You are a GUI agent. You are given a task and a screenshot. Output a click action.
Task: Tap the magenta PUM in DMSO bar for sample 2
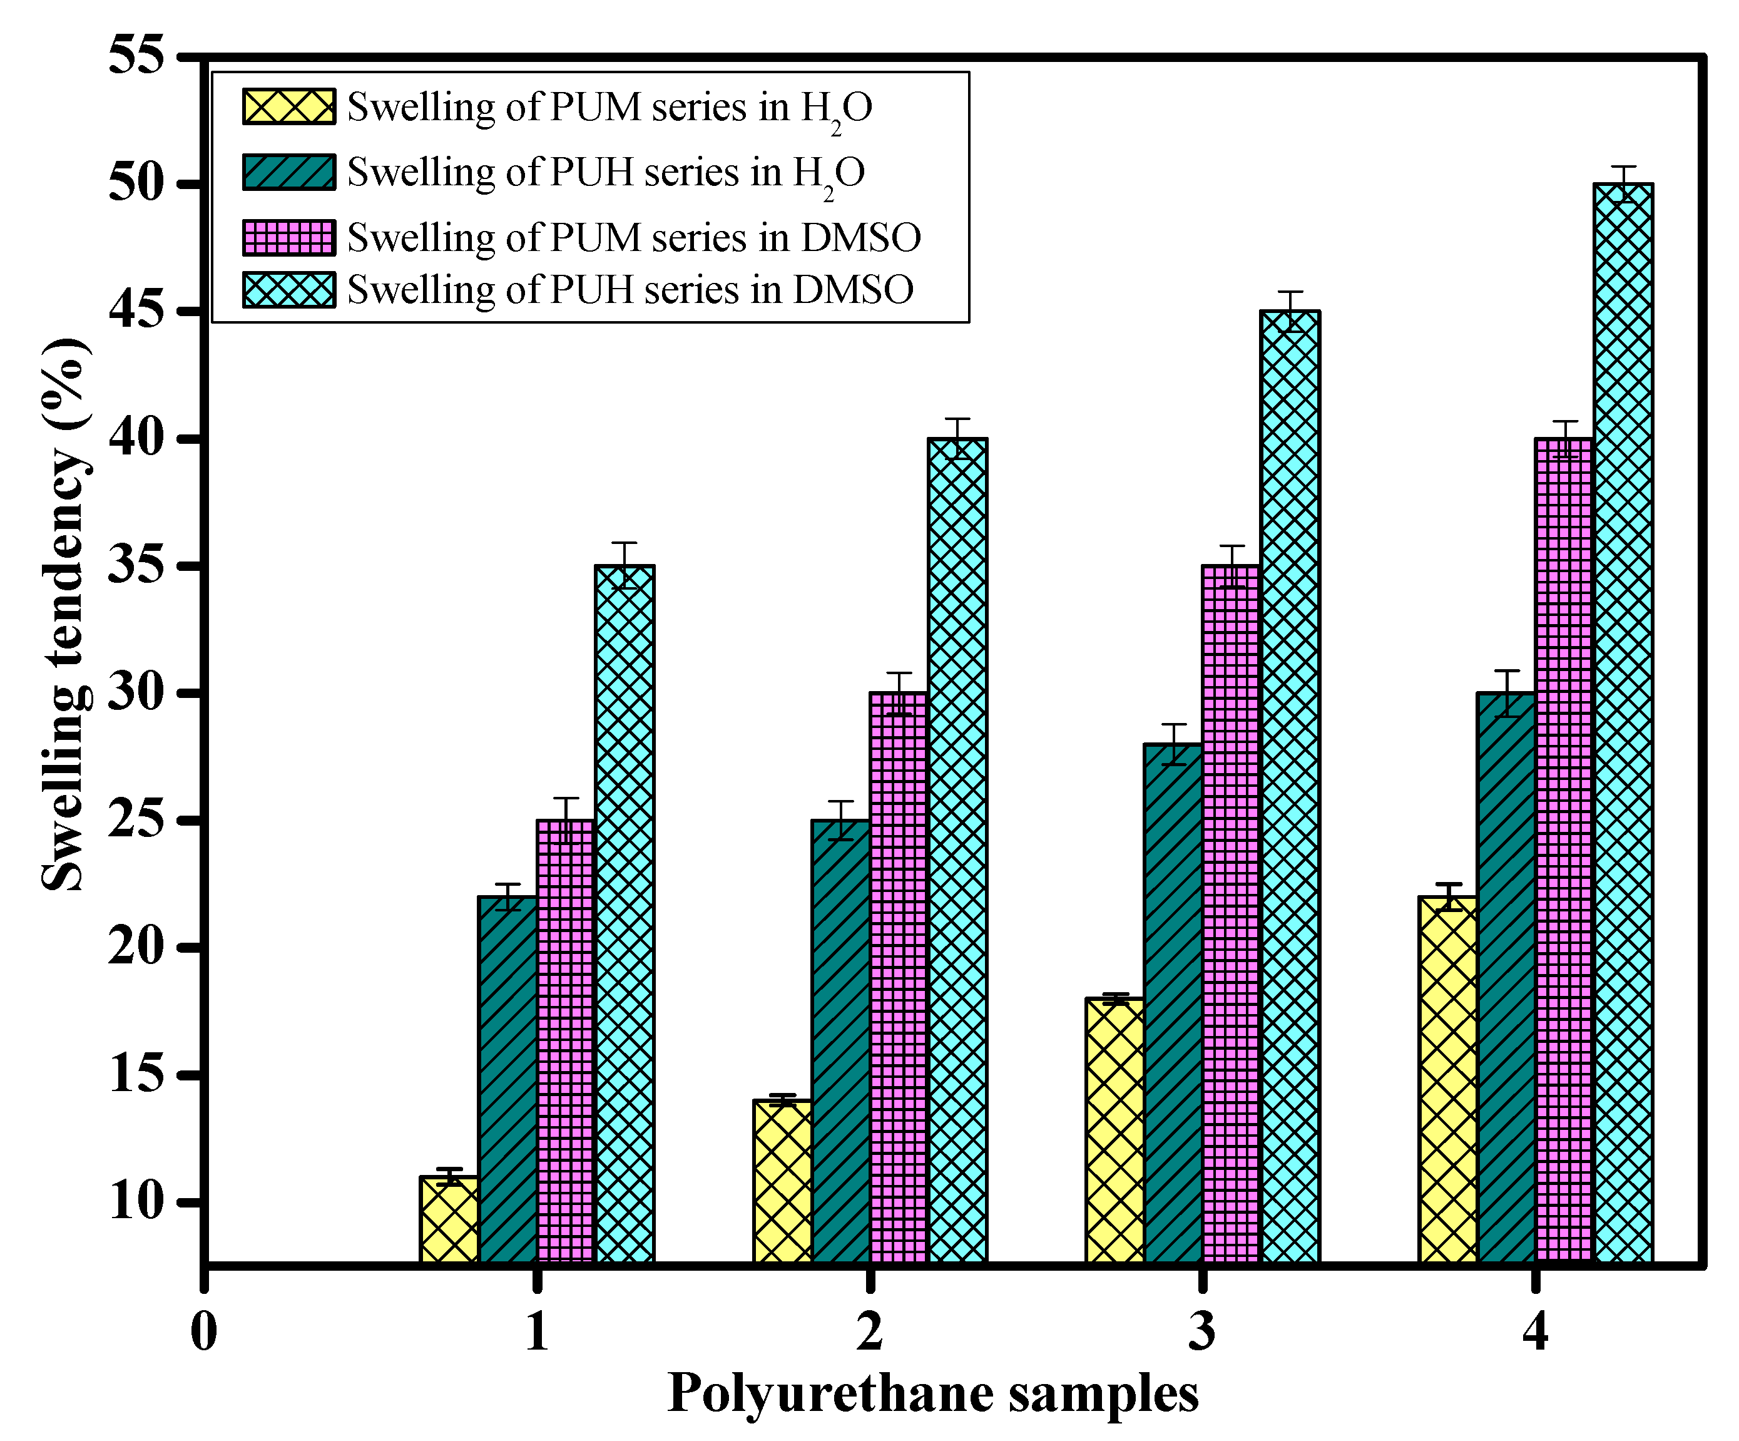[x=899, y=977]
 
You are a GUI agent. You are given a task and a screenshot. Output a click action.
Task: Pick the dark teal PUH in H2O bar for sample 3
[x=1173, y=1003]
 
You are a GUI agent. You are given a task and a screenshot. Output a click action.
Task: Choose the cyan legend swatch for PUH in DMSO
[x=289, y=290]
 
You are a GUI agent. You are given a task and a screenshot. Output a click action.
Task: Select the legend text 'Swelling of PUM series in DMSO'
[x=633, y=238]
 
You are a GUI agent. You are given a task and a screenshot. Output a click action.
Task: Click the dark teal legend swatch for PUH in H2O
[x=289, y=172]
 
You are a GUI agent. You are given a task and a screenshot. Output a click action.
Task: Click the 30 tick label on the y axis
[x=136, y=692]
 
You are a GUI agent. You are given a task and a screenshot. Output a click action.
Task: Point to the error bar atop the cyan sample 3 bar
[x=1290, y=311]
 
